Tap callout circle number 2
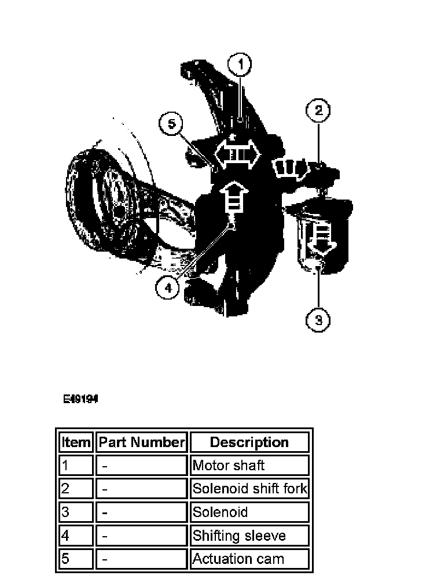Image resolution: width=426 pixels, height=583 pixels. pyautogui.click(x=319, y=110)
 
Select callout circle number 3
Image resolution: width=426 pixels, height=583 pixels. pyautogui.click(x=318, y=319)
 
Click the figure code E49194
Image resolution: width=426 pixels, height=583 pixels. pyautogui.click(x=80, y=399)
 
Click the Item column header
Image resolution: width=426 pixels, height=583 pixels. pyautogui.click(x=76, y=442)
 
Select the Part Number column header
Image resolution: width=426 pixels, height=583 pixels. pyautogui.click(x=141, y=442)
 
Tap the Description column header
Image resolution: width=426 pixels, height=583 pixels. pyautogui.click(x=249, y=442)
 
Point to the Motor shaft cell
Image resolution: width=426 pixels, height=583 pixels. pyautogui.click(x=249, y=466)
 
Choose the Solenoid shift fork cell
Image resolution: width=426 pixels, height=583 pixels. pyautogui.click(x=249, y=489)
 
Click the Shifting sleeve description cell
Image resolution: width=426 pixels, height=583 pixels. pyautogui.click(x=249, y=536)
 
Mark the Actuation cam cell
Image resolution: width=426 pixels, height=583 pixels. pyautogui.click(x=249, y=559)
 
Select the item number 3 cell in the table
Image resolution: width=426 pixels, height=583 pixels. pyautogui.click(x=76, y=512)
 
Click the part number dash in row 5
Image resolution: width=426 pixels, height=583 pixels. pyautogui.click(x=141, y=559)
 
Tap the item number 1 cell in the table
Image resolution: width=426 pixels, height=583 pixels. pyautogui.click(x=76, y=466)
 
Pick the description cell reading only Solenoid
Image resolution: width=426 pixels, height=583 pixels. pyautogui.click(x=249, y=512)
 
